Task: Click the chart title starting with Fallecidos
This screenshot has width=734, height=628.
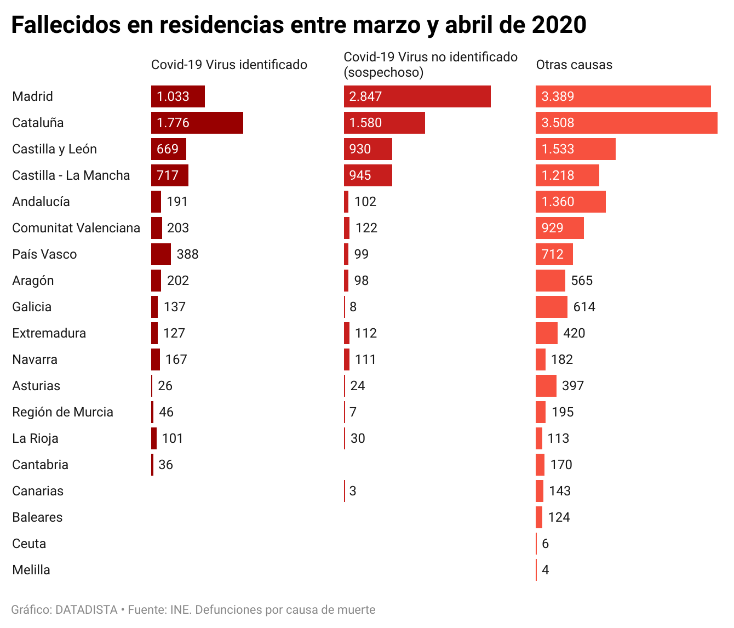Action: pyautogui.click(x=299, y=25)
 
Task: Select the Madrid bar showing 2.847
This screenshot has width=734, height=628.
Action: pyautogui.click(x=417, y=96)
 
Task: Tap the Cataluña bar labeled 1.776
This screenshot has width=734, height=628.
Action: pyautogui.click(x=197, y=123)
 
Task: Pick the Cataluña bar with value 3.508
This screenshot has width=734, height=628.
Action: pyautogui.click(x=626, y=123)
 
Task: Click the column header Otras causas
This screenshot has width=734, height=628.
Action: pyautogui.click(x=574, y=65)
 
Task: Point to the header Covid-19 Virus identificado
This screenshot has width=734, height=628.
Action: pyautogui.click(x=229, y=65)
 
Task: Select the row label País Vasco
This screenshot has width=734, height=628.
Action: pyautogui.click(x=44, y=254)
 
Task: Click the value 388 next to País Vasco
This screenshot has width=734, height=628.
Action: pyautogui.click(x=187, y=254)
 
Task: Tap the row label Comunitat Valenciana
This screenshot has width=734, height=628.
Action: pyautogui.click(x=76, y=228)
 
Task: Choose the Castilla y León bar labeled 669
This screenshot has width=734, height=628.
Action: pyautogui.click(x=169, y=149)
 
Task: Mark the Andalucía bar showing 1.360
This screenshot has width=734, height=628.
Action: pyautogui.click(x=570, y=202)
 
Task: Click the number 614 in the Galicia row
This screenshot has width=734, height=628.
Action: pyautogui.click(x=584, y=307)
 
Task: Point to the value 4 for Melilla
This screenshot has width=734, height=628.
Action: pyautogui.click(x=545, y=570)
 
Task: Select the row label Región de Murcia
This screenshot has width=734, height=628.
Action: pyautogui.click(x=62, y=412)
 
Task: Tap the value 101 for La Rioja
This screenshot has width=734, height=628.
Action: pyautogui.click(x=173, y=438)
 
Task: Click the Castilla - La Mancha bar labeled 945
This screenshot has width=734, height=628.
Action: pyautogui.click(x=368, y=175)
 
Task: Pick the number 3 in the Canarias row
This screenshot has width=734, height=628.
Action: pyautogui.click(x=353, y=491)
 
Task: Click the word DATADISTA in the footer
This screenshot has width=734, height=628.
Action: pyautogui.click(x=87, y=610)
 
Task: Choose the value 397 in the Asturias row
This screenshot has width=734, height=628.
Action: pyautogui.click(x=573, y=386)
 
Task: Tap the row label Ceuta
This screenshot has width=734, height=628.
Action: pyautogui.click(x=29, y=544)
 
